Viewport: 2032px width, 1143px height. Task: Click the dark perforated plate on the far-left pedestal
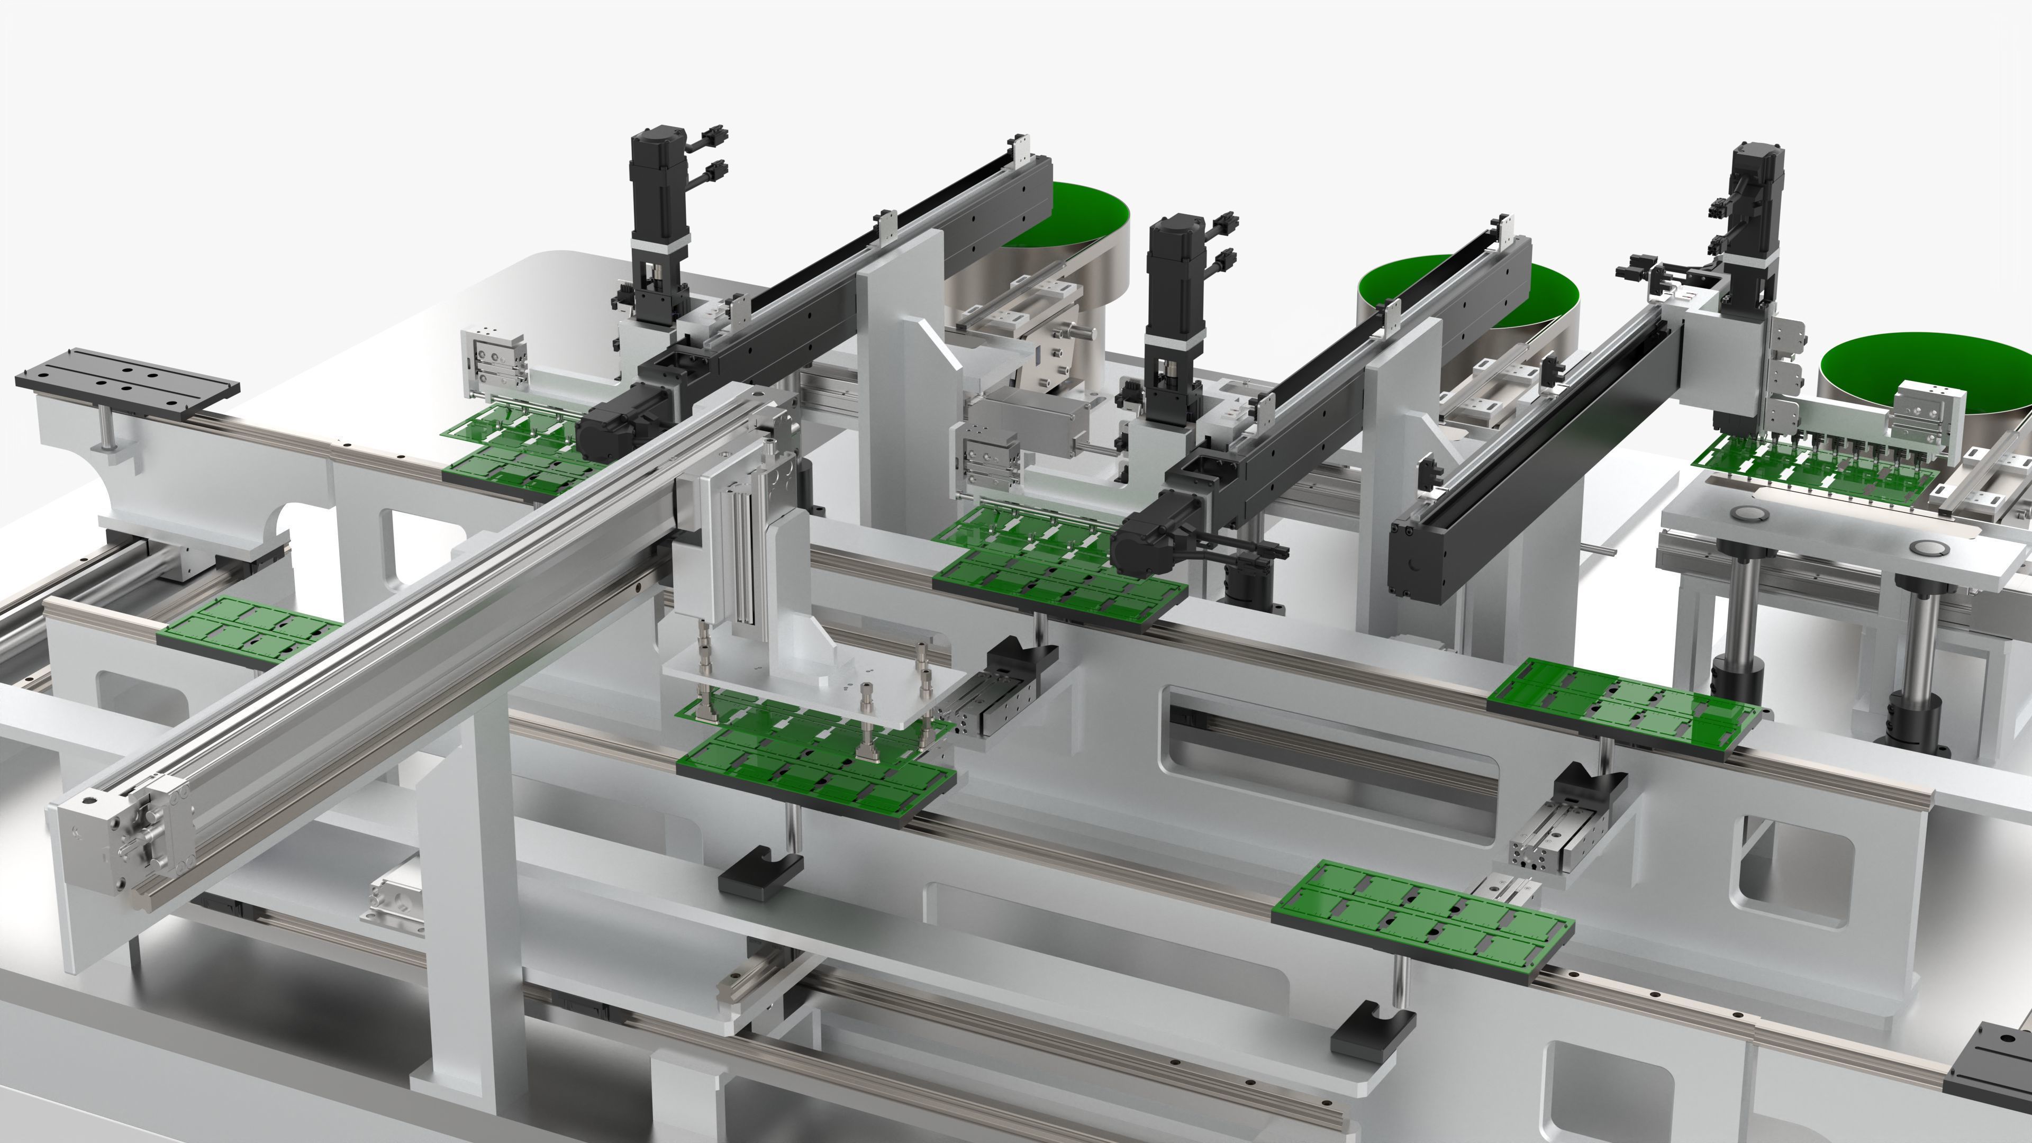tap(126, 386)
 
